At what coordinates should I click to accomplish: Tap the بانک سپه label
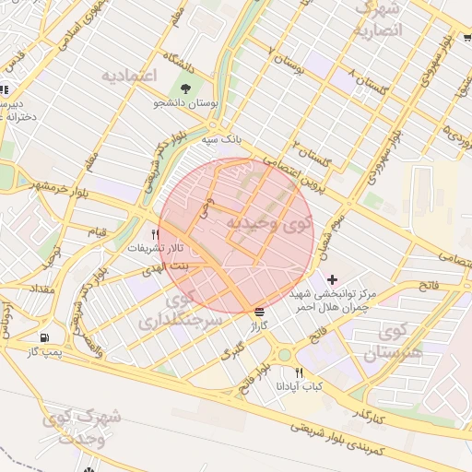point(222,139)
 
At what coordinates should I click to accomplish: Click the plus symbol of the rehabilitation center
point(332,278)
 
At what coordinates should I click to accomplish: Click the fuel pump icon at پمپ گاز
point(45,337)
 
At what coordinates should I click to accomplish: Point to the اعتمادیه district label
point(130,74)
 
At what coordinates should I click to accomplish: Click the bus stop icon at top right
point(467,39)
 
